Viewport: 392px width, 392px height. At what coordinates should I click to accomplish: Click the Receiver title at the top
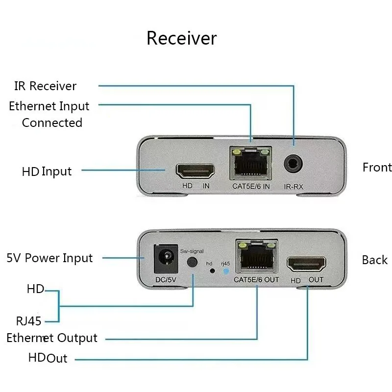(181, 38)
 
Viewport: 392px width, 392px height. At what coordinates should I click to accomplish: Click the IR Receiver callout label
(45, 86)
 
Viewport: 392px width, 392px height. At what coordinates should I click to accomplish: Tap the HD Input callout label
(47, 171)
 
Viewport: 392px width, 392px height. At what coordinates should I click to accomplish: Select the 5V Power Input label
(49, 258)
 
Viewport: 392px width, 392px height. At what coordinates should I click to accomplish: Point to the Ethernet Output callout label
(52, 338)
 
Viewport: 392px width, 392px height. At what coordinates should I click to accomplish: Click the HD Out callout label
(48, 358)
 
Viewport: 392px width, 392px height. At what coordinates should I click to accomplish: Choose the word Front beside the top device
(377, 168)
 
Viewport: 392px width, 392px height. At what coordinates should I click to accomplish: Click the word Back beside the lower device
(375, 260)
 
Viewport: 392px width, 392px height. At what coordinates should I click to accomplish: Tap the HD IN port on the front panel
(195, 171)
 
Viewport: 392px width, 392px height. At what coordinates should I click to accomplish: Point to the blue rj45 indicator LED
(225, 270)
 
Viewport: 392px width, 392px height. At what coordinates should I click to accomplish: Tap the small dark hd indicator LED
(212, 270)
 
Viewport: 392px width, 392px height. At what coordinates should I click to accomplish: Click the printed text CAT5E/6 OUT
(256, 280)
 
